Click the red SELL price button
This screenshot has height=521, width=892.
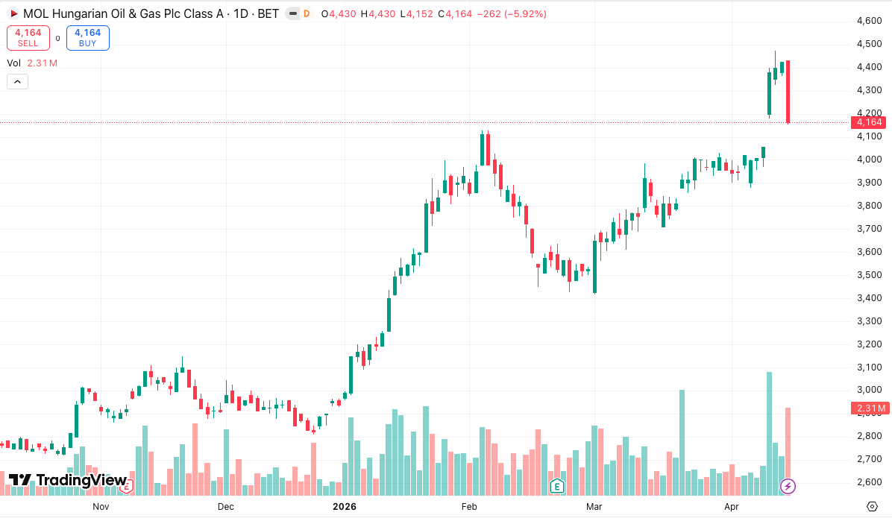click(28, 38)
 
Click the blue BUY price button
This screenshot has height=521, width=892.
click(88, 38)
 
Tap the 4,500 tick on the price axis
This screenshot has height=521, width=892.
click(870, 44)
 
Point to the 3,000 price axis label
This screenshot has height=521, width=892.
click(870, 390)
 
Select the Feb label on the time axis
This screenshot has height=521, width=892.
click(469, 507)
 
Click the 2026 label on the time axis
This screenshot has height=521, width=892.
click(345, 507)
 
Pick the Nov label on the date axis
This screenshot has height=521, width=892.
click(101, 507)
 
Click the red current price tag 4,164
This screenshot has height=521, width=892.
click(870, 122)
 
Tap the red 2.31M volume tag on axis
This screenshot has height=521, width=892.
click(870, 408)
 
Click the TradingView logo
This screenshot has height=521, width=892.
click(67, 481)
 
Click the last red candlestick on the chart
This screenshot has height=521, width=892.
click(788, 92)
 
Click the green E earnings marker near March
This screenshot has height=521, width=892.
click(556, 487)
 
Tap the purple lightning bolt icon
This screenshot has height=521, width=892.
click(788, 487)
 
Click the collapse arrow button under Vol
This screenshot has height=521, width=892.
click(17, 82)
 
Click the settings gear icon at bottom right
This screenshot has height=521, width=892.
click(872, 507)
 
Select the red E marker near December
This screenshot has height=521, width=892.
click(128, 487)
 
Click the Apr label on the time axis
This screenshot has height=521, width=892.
click(732, 507)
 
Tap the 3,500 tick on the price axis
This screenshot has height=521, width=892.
click(870, 275)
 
